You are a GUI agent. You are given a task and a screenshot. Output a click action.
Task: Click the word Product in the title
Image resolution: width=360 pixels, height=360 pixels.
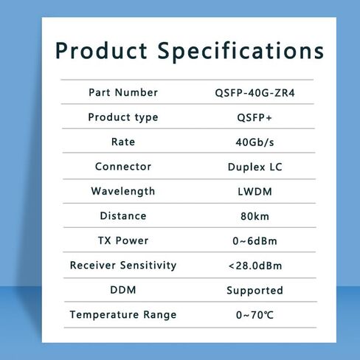click(101, 51)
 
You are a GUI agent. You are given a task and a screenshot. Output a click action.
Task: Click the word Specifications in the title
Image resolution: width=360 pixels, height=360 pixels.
click(241, 51)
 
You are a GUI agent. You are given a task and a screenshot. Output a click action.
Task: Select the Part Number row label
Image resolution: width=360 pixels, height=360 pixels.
click(123, 92)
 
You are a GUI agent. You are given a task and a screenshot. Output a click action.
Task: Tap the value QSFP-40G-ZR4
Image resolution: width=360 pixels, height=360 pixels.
click(255, 93)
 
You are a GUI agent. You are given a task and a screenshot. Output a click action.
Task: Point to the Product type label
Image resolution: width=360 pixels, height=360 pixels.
click(123, 117)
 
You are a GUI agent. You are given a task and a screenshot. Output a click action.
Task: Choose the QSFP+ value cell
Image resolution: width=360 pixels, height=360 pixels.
click(255, 117)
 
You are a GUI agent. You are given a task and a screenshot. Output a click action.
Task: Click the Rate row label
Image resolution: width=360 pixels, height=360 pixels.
click(123, 142)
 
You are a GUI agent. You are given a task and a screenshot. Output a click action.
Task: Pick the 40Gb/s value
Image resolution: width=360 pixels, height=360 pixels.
click(255, 142)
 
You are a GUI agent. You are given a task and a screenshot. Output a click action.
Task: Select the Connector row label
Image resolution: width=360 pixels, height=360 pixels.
click(123, 167)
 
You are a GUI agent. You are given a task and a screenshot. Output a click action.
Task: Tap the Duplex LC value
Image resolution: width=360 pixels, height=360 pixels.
click(255, 167)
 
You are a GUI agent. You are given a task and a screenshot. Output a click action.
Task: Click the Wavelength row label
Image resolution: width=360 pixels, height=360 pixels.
click(123, 192)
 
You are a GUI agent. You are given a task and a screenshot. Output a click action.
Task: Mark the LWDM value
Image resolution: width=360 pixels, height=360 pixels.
click(255, 192)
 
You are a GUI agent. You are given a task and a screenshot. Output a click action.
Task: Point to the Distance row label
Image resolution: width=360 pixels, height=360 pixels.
click(123, 216)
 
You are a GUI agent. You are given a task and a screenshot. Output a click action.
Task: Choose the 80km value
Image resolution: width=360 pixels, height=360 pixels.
click(255, 216)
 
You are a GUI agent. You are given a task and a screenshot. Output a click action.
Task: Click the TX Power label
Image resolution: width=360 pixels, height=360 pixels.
click(123, 240)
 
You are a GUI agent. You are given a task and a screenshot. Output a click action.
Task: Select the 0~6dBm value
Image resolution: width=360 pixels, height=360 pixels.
click(255, 241)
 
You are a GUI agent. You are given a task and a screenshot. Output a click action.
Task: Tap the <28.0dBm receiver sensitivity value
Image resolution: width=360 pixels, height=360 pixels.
click(255, 266)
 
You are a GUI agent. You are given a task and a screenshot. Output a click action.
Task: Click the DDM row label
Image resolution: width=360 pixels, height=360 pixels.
click(123, 290)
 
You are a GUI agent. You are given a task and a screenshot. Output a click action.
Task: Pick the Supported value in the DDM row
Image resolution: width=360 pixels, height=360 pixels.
click(255, 291)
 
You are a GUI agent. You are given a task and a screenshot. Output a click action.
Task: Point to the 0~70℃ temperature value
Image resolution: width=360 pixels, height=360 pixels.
click(255, 315)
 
